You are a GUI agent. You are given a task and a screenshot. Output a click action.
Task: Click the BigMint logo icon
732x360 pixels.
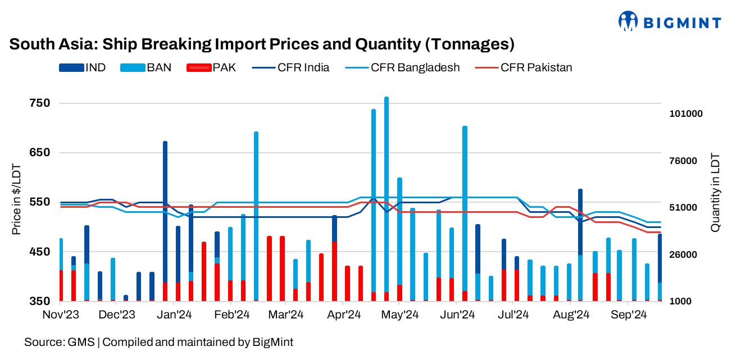[x=629, y=21]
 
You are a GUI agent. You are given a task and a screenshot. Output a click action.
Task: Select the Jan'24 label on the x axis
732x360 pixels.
[x=178, y=315]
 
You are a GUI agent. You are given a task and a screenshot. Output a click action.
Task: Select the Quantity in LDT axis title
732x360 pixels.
[x=715, y=192]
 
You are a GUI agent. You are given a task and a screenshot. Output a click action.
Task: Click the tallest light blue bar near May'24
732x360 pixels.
[x=387, y=197]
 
